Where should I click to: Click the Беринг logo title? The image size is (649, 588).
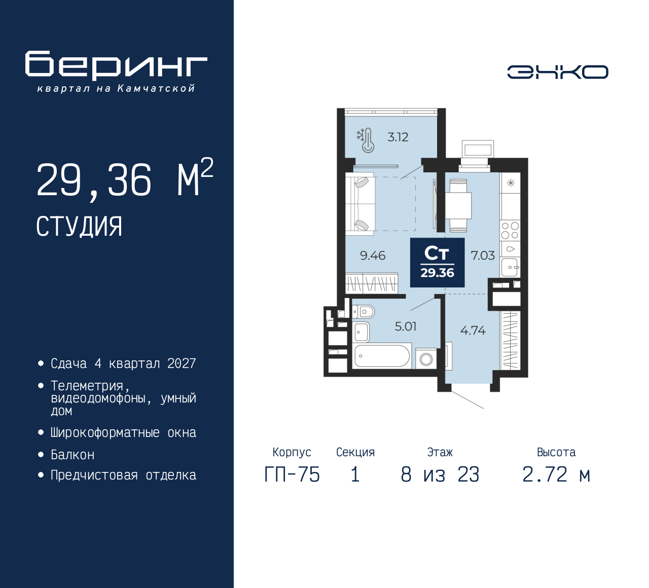[116, 65]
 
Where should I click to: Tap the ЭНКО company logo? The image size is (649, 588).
[557, 72]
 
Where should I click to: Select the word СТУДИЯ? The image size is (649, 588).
[79, 227]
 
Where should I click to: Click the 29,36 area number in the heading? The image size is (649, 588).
[94, 180]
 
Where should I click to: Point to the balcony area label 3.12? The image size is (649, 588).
[398, 137]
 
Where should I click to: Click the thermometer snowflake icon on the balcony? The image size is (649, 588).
[366, 140]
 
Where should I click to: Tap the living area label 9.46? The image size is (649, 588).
[373, 255]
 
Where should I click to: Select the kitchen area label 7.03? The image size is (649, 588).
[482, 255]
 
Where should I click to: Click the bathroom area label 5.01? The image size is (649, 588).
[406, 326]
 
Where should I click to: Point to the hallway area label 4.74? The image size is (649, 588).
[473, 330]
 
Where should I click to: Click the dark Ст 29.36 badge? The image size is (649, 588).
[437, 263]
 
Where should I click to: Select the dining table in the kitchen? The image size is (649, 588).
[458, 205]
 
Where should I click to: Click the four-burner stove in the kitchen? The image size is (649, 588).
[510, 231]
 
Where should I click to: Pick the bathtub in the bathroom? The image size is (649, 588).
[381, 356]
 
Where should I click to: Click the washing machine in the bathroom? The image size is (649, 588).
[426, 358]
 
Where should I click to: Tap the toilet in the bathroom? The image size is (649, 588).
[364, 311]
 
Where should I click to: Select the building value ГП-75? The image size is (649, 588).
[292, 474]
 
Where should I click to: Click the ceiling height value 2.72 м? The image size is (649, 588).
[556, 474]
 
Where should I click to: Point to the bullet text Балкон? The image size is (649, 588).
[73, 455]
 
